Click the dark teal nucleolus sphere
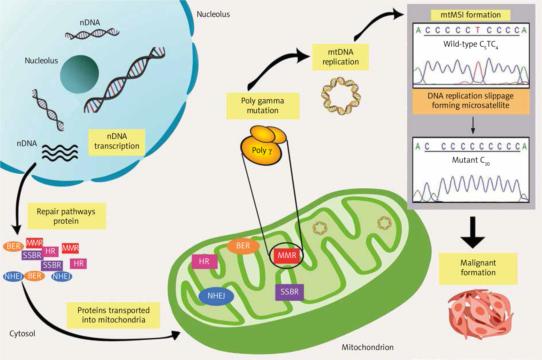point(79,74)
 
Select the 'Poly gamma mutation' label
point(263,106)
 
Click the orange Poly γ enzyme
point(261,149)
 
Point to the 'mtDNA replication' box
point(340,57)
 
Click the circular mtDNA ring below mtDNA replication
point(341,96)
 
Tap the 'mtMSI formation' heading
point(470,15)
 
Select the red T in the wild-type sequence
point(478,30)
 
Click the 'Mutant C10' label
point(470,161)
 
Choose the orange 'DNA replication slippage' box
point(470,101)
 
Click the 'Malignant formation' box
point(478,268)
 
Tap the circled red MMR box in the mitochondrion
point(287,255)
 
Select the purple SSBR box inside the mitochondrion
point(289,292)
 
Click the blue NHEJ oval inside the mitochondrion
point(216,296)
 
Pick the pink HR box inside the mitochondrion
point(204,261)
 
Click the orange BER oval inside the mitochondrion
point(243,246)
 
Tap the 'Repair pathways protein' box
point(66,216)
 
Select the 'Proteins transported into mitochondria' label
point(114,315)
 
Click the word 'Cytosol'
point(22,334)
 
